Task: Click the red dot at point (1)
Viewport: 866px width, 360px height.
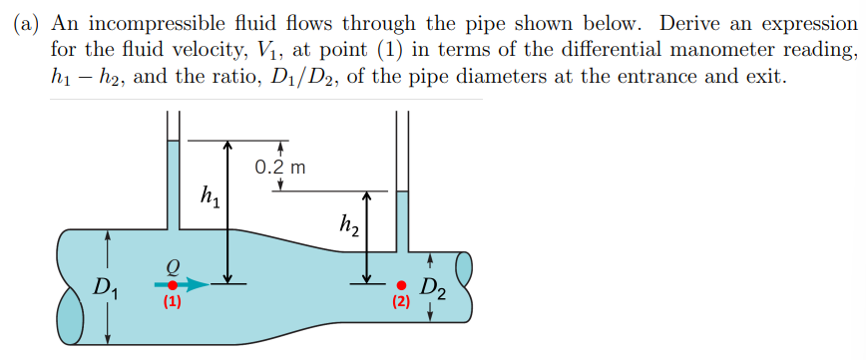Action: click(173, 284)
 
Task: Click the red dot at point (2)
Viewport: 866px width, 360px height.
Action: click(401, 284)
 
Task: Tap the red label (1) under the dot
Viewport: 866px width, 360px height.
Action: click(173, 303)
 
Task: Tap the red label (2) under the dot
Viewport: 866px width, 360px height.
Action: click(401, 301)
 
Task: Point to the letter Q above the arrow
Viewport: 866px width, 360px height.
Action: click(173, 265)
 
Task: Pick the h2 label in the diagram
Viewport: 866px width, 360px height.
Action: click(349, 228)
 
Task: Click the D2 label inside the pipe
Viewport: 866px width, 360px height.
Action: click(432, 291)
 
